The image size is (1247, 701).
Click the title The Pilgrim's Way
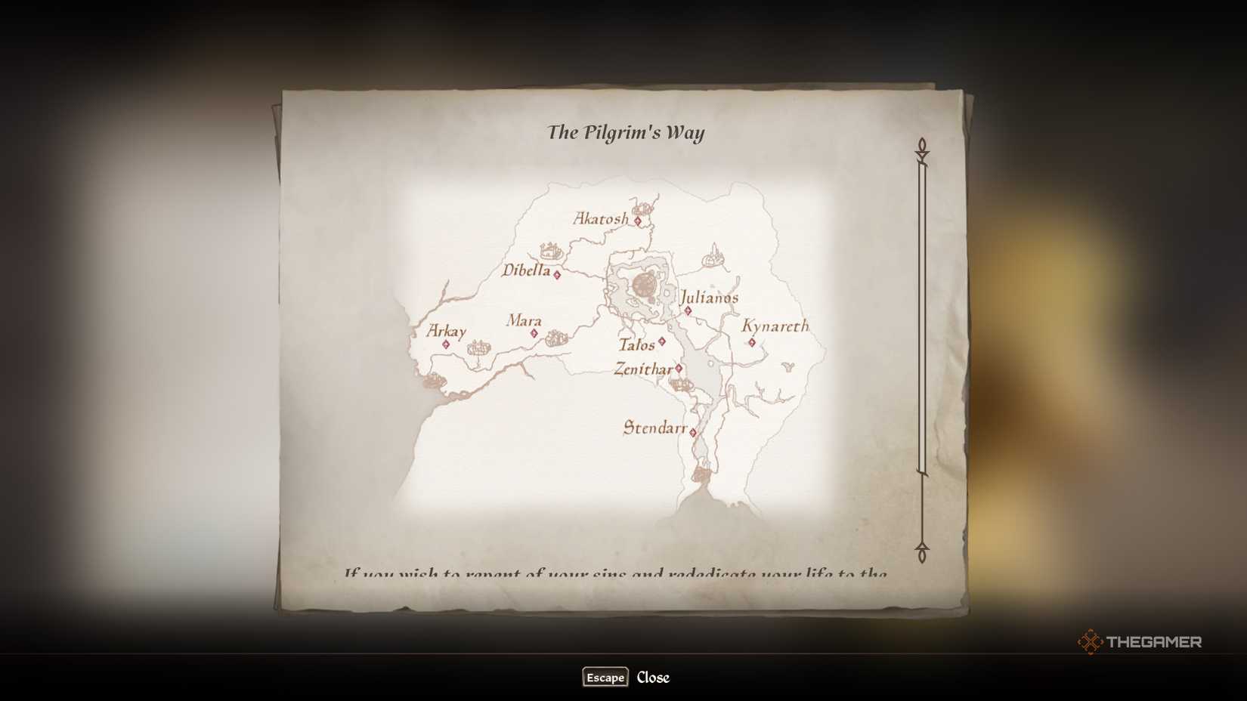click(x=626, y=133)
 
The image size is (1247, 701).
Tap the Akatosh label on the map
click(x=601, y=219)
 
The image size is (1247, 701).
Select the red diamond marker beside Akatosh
click(x=638, y=221)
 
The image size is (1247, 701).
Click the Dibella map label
click(x=527, y=270)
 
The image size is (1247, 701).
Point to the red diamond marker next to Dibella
click(x=557, y=275)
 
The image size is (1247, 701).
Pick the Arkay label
click(x=446, y=331)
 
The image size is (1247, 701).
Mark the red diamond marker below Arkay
click(x=446, y=344)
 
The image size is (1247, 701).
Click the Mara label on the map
click(x=524, y=320)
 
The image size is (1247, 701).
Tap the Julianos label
click(x=709, y=297)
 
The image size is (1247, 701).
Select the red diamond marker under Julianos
click(x=688, y=310)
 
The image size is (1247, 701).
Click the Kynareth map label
click(x=775, y=326)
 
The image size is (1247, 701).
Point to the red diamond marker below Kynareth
click(x=752, y=343)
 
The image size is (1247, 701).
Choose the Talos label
click(x=636, y=345)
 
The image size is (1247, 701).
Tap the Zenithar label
click(x=643, y=369)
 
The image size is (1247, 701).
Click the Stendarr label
click(x=654, y=428)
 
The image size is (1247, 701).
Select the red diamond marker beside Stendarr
click(x=693, y=433)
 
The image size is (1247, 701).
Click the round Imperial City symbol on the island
click(x=644, y=286)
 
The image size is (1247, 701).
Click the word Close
click(x=653, y=678)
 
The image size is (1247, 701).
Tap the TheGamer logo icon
click(x=1090, y=642)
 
